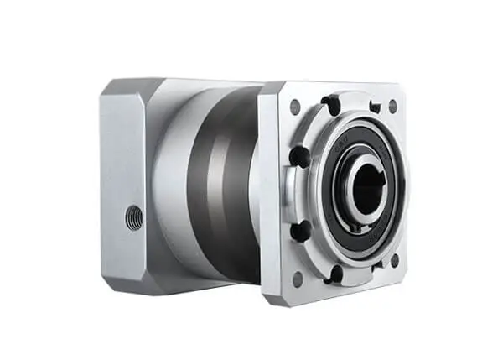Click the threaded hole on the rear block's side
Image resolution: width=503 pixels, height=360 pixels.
[x=133, y=217]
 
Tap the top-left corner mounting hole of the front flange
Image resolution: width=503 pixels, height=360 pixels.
[x=295, y=107]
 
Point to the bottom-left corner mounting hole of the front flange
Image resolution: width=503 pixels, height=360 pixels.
[x=296, y=278]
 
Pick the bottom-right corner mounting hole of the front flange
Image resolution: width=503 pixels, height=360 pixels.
[x=394, y=261]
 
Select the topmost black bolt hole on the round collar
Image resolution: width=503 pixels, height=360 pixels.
[x=331, y=106]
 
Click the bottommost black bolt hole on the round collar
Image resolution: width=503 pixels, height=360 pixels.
[x=335, y=274]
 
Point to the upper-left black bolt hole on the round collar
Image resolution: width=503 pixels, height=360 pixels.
[x=298, y=156]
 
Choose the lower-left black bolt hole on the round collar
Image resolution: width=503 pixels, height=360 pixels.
[x=300, y=229]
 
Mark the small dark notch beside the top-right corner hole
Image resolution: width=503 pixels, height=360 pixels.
[x=374, y=107]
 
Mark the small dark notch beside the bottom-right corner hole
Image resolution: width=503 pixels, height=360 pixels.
[x=376, y=264]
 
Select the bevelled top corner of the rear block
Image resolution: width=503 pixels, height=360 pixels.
[x=117, y=86]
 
